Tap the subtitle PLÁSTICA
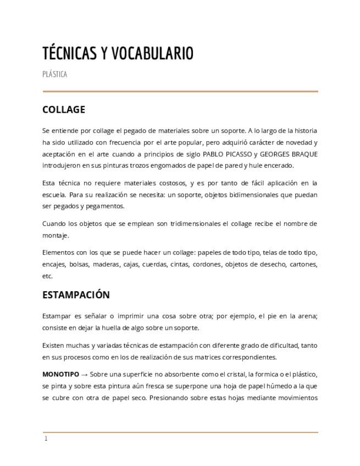pos(54,74)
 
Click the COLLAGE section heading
pos(64,109)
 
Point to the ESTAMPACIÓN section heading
pos(76,295)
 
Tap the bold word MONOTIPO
pos(60,374)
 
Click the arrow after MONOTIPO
pos(84,374)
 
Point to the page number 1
pos(46,439)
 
